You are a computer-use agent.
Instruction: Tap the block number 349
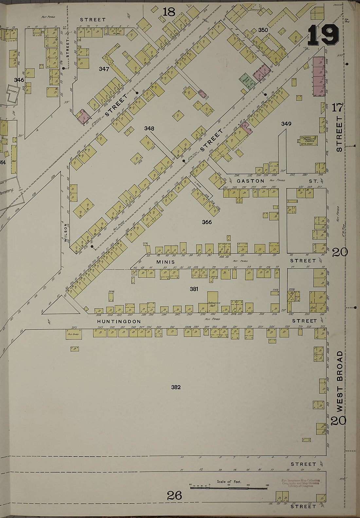(x=286, y=124)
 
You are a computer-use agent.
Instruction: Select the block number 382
(x=176, y=387)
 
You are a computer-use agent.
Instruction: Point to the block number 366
(x=207, y=222)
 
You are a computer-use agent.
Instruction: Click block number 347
(x=104, y=69)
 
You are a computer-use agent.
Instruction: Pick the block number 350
(x=263, y=30)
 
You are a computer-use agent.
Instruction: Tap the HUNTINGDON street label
(x=119, y=322)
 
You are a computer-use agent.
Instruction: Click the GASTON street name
(x=250, y=181)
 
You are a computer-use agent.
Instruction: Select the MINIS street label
(x=166, y=262)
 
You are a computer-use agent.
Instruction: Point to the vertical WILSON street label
(x=66, y=232)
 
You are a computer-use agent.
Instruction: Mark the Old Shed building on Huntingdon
(x=73, y=334)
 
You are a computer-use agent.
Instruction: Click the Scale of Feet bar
(x=229, y=488)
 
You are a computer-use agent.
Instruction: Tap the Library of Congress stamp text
(x=300, y=483)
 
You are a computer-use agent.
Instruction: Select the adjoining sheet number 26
(x=174, y=496)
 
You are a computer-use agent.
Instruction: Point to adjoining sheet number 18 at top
(x=169, y=12)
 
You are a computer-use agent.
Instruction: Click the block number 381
(x=194, y=289)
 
